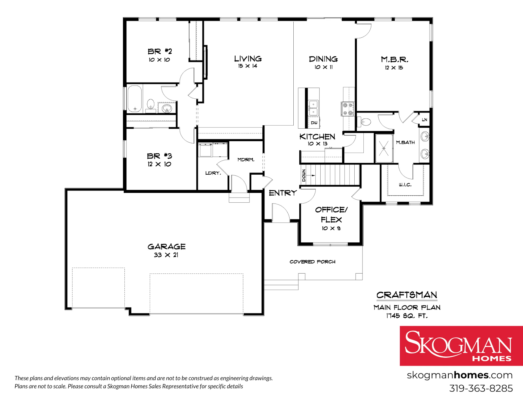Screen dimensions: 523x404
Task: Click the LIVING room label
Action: click(x=248, y=59)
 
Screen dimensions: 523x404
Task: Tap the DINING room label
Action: click(x=323, y=59)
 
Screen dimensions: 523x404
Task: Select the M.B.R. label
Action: click(x=394, y=59)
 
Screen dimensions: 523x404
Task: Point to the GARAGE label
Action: click(x=166, y=247)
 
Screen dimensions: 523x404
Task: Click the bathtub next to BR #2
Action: click(x=135, y=99)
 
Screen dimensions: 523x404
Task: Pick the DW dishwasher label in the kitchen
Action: click(x=314, y=123)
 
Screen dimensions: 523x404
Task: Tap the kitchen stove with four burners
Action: click(x=348, y=108)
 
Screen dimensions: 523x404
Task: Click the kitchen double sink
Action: click(x=313, y=108)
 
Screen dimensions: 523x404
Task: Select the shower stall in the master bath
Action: click(x=384, y=148)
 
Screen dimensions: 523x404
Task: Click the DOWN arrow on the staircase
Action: click(x=312, y=175)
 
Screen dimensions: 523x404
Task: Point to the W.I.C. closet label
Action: click(x=405, y=185)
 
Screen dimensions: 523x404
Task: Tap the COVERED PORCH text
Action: click(x=312, y=262)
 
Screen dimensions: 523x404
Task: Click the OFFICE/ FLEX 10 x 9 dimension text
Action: click(x=331, y=228)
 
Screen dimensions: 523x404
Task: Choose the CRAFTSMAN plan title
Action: click(x=407, y=295)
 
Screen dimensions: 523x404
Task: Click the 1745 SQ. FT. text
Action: click(x=407, y=316)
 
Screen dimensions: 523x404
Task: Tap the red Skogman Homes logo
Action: click(x=461, y=346)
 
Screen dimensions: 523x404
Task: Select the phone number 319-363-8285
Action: click(x=481, y=388)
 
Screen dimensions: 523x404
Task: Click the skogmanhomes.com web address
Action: click(x=460, y=375)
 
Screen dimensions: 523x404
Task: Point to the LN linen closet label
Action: click(x=424, y=120)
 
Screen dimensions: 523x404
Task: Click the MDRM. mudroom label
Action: click(x=246, y=160)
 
